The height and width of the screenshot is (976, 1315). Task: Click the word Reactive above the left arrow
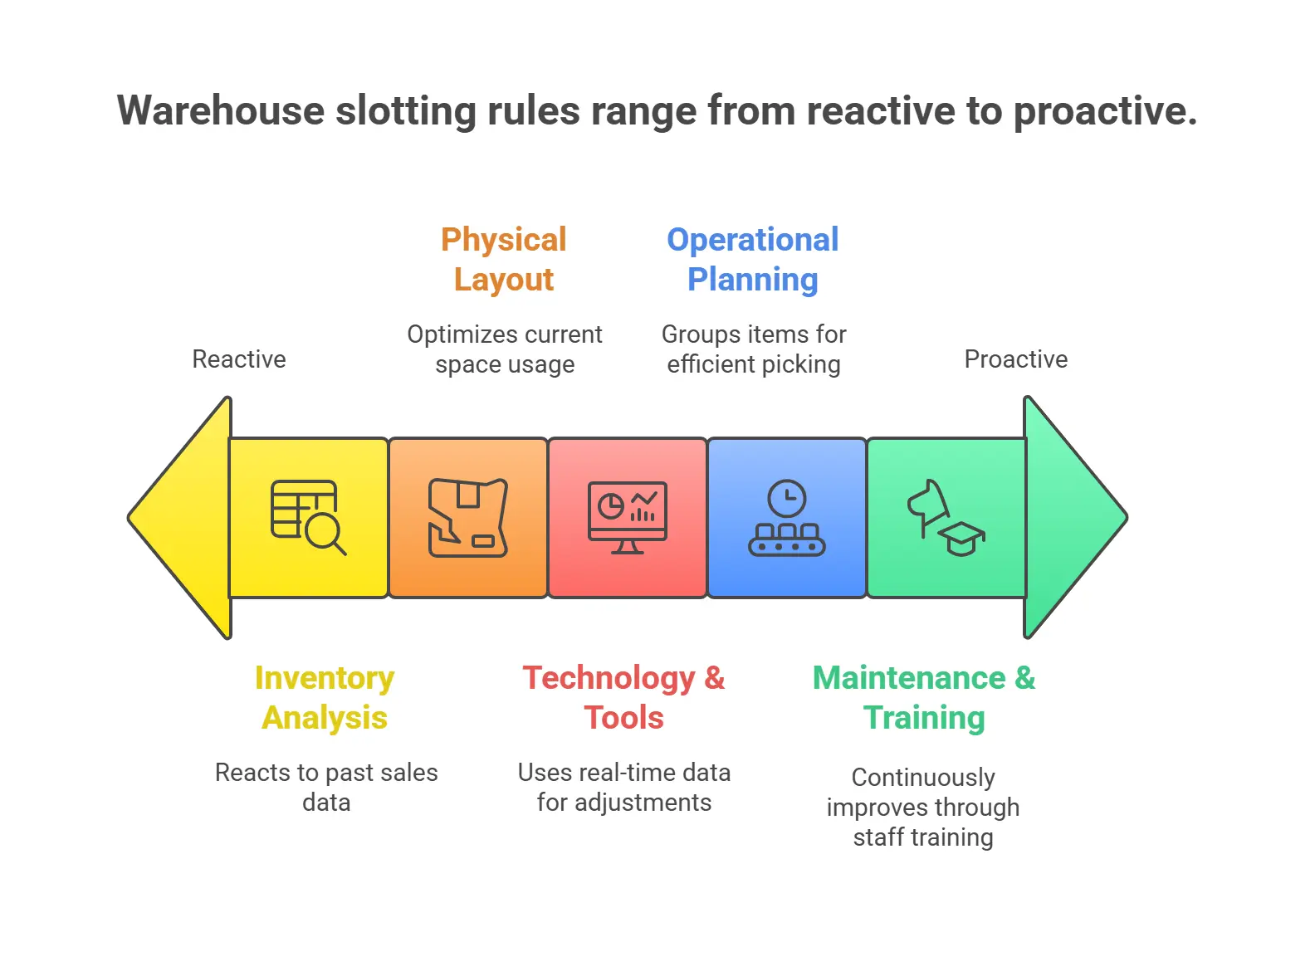click(x=239, y=359)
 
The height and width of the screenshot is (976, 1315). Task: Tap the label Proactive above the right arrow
click(x=1015, y=359)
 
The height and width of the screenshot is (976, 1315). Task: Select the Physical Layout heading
click(x=504, y=259)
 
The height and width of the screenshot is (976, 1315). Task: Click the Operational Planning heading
click(x=753, y=259)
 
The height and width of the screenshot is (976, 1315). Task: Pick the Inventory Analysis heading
click(x=325, y=697)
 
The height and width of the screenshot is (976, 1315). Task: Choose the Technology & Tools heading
click(x=623, y=697)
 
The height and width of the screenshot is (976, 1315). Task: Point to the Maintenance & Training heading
click(x=924, y=697)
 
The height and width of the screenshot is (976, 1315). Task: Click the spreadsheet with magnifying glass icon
click(x=308, y=517)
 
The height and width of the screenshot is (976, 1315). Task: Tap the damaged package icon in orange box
click(x=467, y=517)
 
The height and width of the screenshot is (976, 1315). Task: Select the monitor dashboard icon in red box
click(x=627, y=517)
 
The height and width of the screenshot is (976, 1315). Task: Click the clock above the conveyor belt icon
click(x=787, y=499)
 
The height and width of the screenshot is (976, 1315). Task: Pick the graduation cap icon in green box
click(x=962, y=539)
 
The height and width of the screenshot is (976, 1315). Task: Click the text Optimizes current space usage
click(x=505, y=349)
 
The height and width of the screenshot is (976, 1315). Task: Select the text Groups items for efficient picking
click(x=754, y=349)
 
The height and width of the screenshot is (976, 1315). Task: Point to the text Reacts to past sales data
click(x=326, y=787)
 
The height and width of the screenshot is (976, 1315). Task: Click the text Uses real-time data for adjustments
click(x=623, y=787)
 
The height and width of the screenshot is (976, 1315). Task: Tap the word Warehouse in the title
click(x=220, y=110)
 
